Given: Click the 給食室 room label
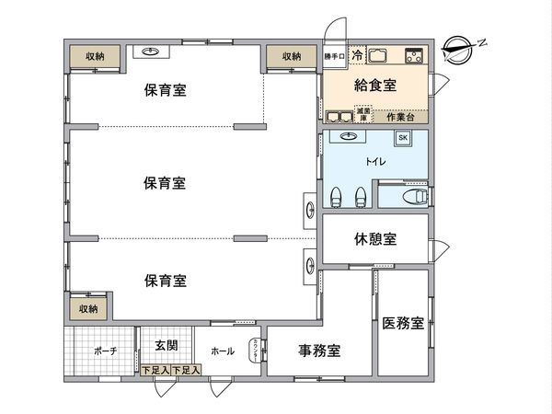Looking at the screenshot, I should [x=375, y=86].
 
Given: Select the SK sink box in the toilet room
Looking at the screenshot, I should [x=403, y=138].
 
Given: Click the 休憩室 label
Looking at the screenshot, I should [x=375, y=239].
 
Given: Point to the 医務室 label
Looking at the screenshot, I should [x=403, y=323].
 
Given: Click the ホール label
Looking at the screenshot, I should [x=222, y=351].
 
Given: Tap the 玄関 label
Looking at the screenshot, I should [x=167, y=346].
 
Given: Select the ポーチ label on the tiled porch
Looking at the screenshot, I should [x=105, y=351].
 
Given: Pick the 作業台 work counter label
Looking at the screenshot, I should [x=401, y=117].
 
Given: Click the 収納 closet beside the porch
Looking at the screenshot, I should [x=88, y=309].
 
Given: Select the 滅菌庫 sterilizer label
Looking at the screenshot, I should [x=364, y=115].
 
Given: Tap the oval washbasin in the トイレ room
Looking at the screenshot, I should [x=350, y=137].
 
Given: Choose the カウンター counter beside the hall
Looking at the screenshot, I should [x=254, y=351].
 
